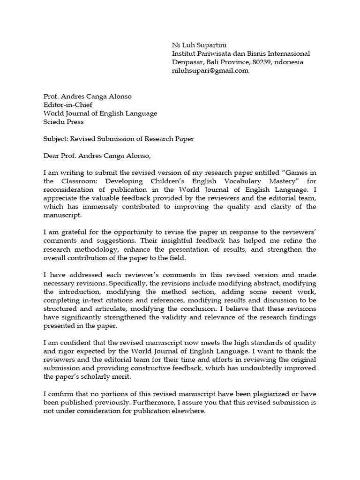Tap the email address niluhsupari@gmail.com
pos(210,71)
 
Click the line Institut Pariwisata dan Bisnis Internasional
pos(241,54)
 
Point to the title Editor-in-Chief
pos(68,105)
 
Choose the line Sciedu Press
pos(63,122)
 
